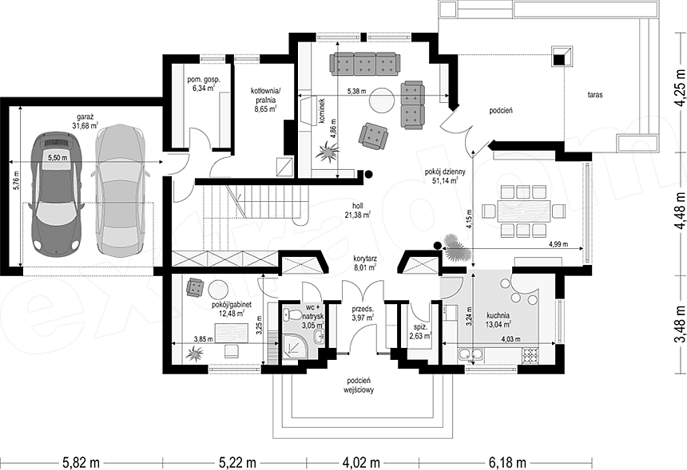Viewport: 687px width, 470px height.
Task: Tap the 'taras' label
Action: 595,94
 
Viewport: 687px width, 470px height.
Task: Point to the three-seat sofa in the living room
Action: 364,64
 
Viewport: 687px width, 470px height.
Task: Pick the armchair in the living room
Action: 373,135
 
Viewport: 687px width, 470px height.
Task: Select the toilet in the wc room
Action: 292,314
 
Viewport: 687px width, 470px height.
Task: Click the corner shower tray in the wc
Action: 295,350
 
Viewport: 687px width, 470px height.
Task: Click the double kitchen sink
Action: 471,354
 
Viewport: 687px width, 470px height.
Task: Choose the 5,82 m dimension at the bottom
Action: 81,462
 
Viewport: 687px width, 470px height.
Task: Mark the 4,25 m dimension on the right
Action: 680,88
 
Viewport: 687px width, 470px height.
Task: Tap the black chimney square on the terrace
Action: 559,59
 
